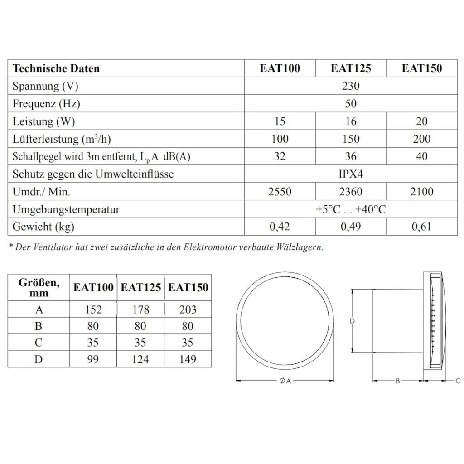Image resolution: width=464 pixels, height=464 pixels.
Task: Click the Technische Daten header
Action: [x=56, y=68]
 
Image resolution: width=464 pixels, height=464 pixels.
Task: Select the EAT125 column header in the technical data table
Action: [x=351, y=68]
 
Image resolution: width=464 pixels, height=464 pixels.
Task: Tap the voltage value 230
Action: [x=351, y=86]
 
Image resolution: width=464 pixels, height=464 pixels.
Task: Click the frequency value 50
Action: [x=351, y=104]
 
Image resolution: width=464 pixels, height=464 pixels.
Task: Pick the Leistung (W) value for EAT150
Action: [x=421, y=121]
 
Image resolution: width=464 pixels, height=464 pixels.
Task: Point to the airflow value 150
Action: [x=351, y=139]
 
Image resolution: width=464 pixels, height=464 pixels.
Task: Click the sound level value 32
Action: [x=280, y=156]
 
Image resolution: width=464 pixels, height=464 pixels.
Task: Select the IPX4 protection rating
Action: [x=351, y=174]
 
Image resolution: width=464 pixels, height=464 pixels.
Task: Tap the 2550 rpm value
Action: [x=280, y=192]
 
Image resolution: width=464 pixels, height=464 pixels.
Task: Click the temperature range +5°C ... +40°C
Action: [x=351, y=209]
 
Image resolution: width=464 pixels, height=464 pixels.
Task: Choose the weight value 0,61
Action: [x=421, y=227]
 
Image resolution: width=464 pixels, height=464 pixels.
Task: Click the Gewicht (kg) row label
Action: [x=43, y=227]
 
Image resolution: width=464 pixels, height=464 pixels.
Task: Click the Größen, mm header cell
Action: [x=39, y=288]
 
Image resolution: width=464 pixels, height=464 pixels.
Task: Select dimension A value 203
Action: [x=188, y=309]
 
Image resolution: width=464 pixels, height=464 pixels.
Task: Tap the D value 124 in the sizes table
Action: [x=140, y=359]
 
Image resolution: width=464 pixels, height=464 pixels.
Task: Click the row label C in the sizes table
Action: [x=39, y=343]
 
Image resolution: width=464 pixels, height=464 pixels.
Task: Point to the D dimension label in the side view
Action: [x=352, y=321]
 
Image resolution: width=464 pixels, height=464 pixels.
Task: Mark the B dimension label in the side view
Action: [x=397, y=381]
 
